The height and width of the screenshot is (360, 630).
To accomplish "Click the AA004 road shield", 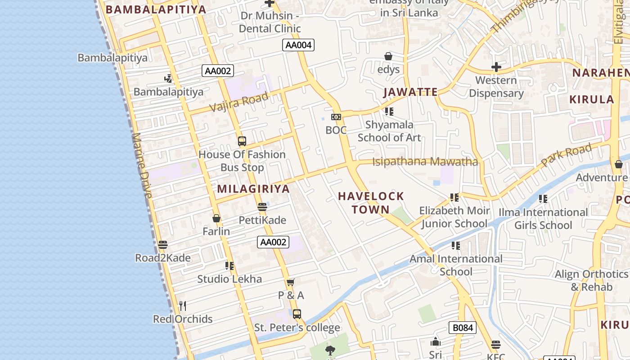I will coord(298,45).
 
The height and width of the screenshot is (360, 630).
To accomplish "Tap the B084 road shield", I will coord(462,328).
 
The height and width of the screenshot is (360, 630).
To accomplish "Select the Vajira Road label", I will coord(239,102).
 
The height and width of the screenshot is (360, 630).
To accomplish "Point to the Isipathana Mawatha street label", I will coord(425,161).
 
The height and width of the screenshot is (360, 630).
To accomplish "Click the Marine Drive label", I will coord(142,166).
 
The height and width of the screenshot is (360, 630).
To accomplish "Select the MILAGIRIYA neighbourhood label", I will coord(253,189).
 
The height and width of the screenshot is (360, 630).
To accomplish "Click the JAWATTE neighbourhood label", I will coord(410,92).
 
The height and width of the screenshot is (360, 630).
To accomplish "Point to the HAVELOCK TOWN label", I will coord(371,202).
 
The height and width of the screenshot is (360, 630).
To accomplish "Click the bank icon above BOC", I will coord(336,117).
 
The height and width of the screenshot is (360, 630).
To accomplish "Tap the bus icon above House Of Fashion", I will coord(242,141).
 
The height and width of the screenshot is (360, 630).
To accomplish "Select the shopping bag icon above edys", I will coord(388,56).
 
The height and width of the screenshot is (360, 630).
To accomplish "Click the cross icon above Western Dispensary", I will coord(496,67).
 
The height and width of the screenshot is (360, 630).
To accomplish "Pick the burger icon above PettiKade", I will coord(262,207).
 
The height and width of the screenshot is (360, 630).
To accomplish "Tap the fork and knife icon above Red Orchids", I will coord(183,306).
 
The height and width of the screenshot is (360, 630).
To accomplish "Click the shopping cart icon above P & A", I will coord(291,283).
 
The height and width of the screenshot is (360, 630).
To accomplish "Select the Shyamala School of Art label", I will coord(389,131).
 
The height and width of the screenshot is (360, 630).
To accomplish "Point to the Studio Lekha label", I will coord(229,279).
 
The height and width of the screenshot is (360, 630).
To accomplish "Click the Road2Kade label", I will coord(163,258).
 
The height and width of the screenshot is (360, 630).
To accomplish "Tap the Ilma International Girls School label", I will coord(543,218).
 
